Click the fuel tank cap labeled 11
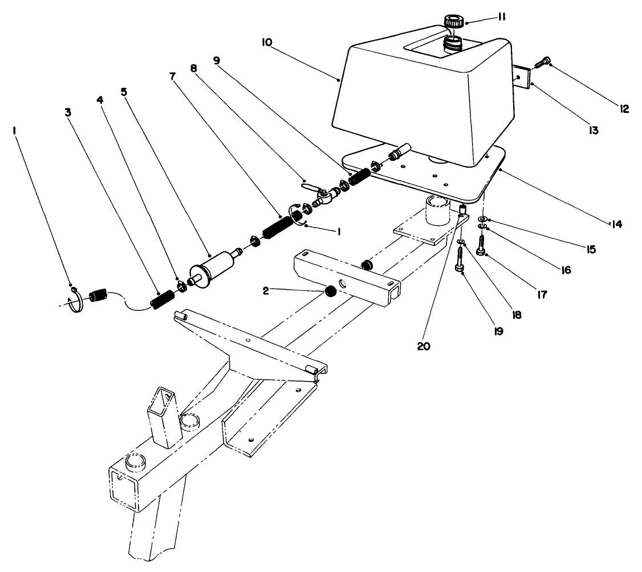pyautogui.click(x=454, y=22)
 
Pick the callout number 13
pyautogui.click(x=593, y=130)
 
